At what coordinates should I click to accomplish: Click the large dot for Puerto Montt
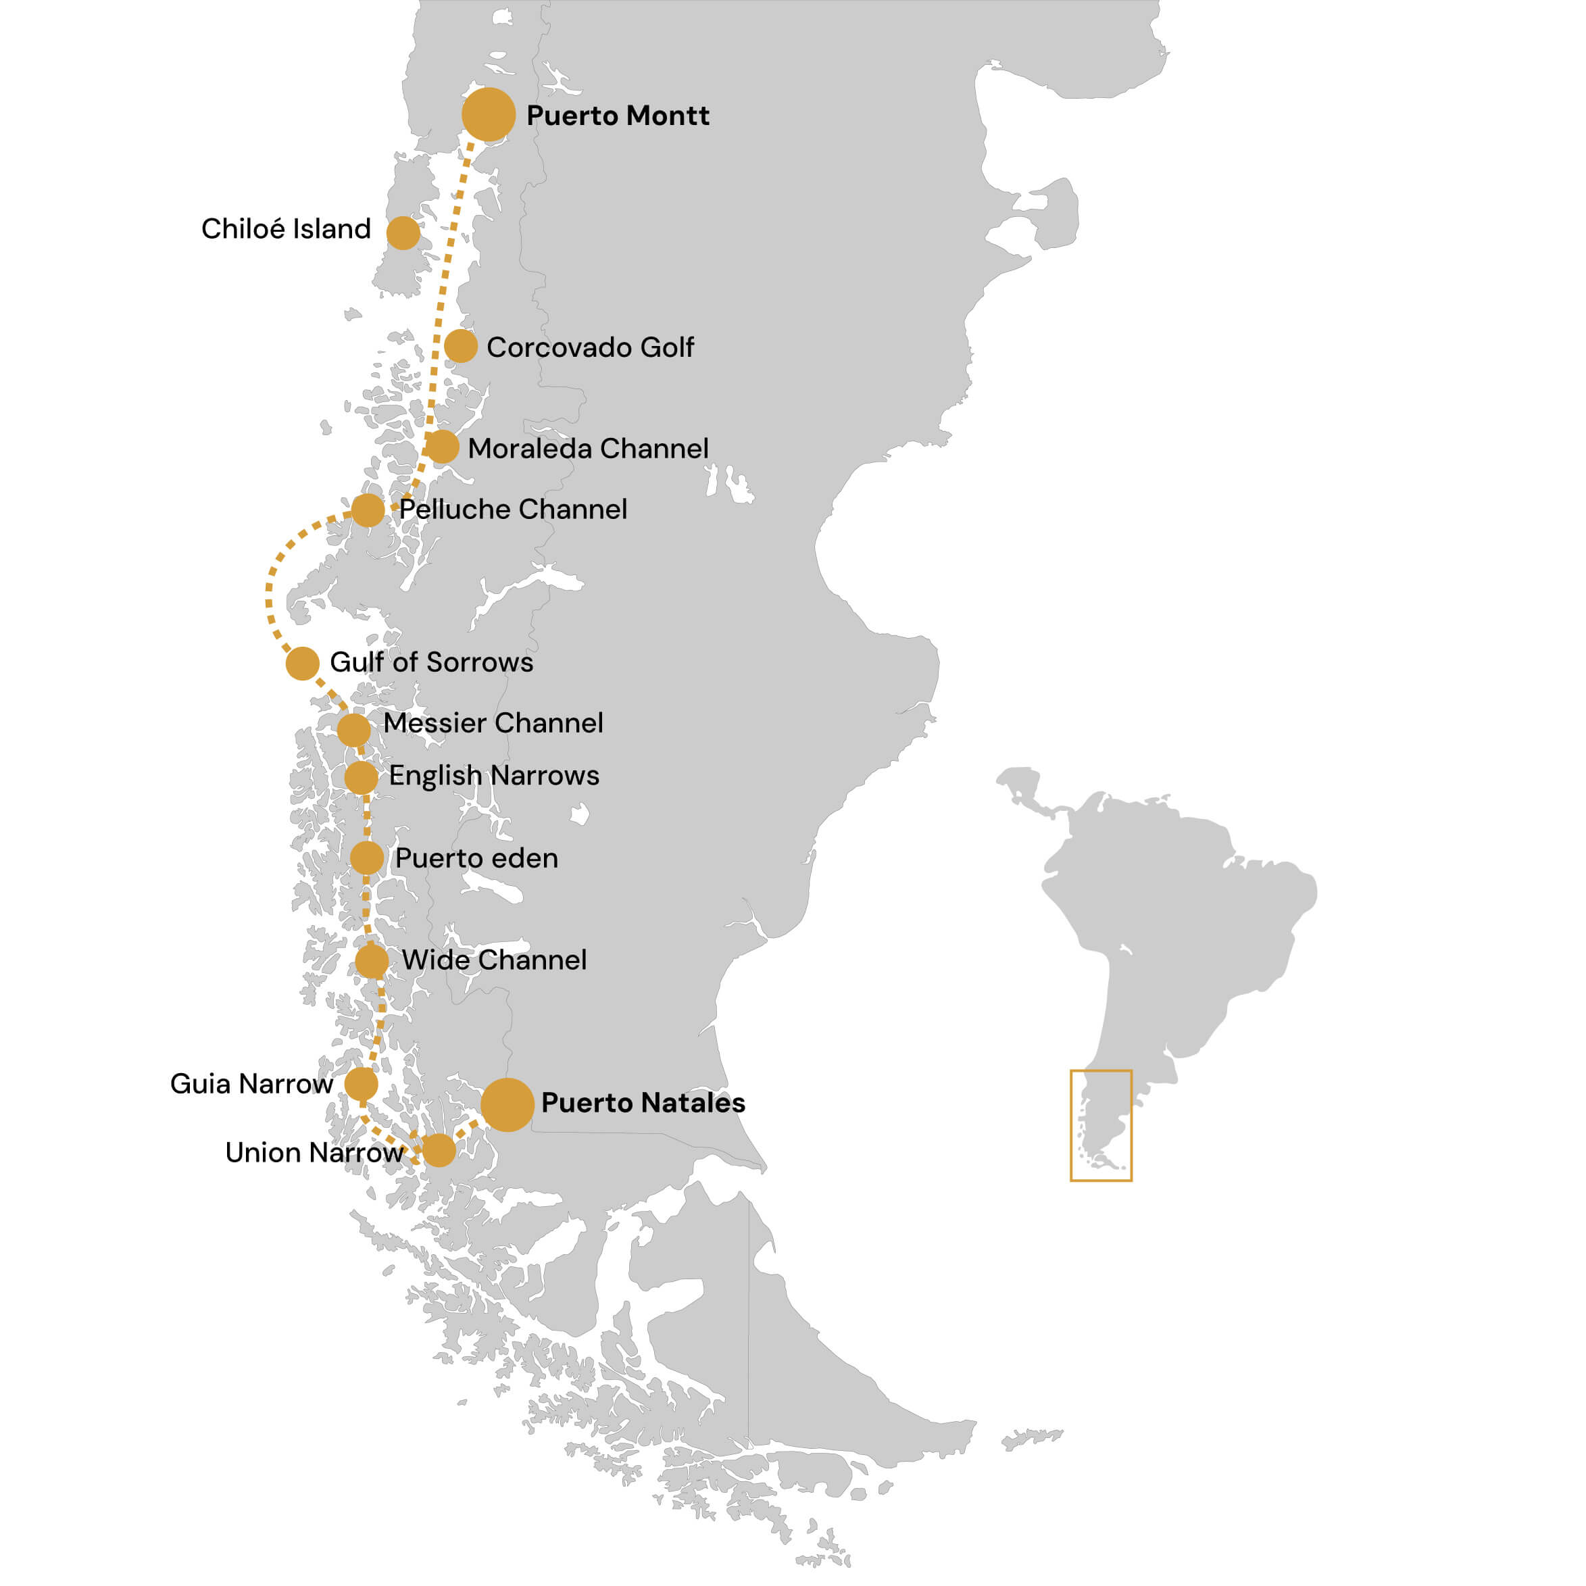point(489,115)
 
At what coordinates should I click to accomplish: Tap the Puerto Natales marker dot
point(507,1105)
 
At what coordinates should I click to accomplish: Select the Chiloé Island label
point(286,229)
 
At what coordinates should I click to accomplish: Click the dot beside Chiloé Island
point(403,233)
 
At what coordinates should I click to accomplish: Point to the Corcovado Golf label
point(589,347)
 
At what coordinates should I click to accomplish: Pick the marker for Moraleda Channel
point(442,447)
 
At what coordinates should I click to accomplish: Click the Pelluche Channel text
point(513,509)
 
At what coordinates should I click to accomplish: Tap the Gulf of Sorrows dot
point(302,664)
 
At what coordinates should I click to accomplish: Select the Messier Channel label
point(493,723)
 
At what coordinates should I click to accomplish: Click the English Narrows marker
point(362,777)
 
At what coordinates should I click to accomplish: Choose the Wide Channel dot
point(372,960)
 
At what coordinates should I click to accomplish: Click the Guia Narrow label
point(251,1085)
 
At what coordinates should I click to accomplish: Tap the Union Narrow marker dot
point(439,1151)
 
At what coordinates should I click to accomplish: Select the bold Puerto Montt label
point(618,116)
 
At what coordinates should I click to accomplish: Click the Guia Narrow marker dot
point(362,1085)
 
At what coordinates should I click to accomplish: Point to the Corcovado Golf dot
point(461,347)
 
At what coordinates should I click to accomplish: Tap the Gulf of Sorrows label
point(431,662)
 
